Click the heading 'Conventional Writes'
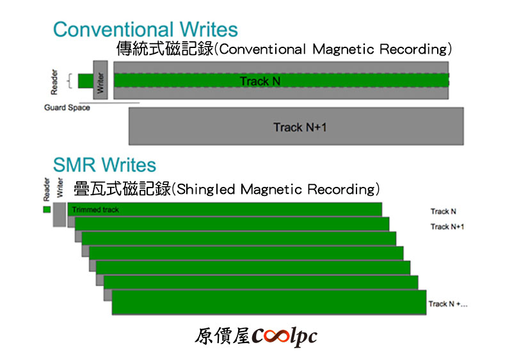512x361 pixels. (145, 29)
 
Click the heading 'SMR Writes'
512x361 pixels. (104, 164)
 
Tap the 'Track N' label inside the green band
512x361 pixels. (260, 81)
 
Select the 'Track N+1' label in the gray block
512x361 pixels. (300, 127)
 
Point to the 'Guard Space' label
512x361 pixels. (67, 108)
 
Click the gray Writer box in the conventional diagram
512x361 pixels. (100, 80)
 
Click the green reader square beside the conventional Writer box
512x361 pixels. (86, 81)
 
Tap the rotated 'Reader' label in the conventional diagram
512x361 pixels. (54, 82)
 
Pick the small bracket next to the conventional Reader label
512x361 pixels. (70, 81)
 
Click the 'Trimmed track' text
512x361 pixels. (95, 210)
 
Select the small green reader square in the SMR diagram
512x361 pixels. (47, 209)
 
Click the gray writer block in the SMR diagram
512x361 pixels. (60, 214)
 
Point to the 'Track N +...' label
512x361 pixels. (447, 304)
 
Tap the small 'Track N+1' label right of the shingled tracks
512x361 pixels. (447, 227)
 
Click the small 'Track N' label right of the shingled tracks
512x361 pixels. (443, 211)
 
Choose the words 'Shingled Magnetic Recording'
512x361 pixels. (276, 189)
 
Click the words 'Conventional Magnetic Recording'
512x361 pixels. (333, 49)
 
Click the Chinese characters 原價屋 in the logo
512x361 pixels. (223, 336)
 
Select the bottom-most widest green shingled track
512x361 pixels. (269, 303)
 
